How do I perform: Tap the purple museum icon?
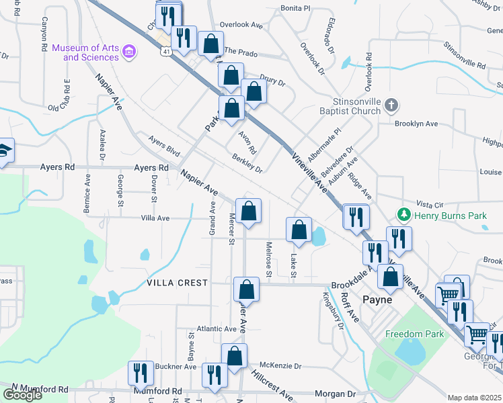(x=130, y=50)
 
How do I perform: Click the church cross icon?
(x=393, y=105)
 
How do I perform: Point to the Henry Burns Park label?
(x=449, y=216)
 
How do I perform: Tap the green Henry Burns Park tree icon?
(x=403, y=216)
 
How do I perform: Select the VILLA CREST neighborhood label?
(x=178, y=283)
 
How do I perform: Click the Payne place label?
(x=377, y=300)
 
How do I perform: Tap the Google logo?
(x=22, y=395)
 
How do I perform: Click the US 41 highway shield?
(x=165, y=51)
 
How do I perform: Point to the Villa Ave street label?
(x=155, y=218)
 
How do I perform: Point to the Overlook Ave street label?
(x=241, y=25)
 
